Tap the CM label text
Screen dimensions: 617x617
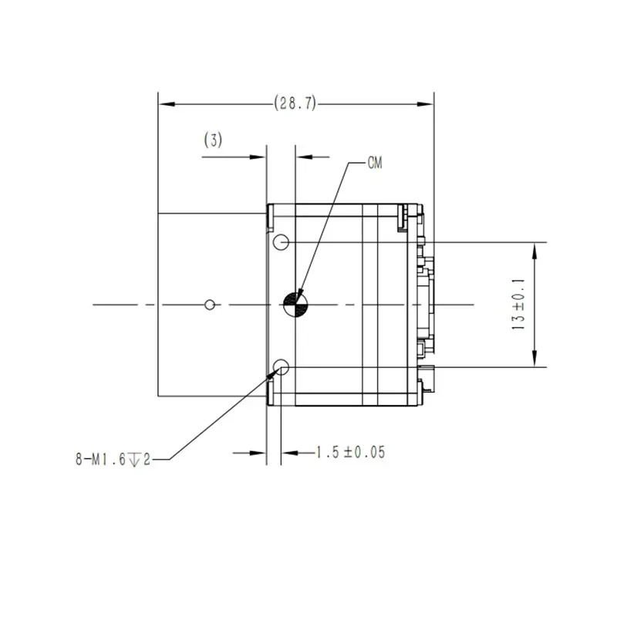(x=375, y=164)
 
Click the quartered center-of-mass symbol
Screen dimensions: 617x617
(x=295, y=305)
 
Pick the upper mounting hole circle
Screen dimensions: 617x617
(x=282, y=243)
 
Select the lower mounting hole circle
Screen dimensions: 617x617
(x=282, y=367)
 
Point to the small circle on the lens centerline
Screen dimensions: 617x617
(x=209, y=305)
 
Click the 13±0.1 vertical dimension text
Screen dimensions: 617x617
(x=518, y=305)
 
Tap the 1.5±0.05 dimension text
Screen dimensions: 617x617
(x=349, y=453)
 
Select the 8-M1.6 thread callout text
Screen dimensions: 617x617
(x=112, y=460)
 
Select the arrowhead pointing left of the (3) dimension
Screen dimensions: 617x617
(x=303, y=157)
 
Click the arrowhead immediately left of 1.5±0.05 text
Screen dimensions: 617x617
(x=288, y=453)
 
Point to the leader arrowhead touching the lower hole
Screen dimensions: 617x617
(x=273, y=373)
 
